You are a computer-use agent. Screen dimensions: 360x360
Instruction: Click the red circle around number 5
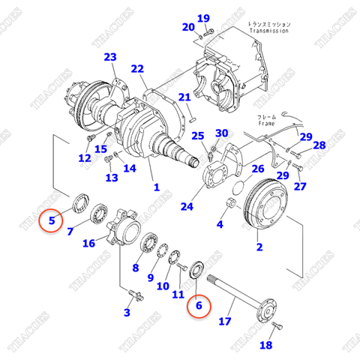[52, 220]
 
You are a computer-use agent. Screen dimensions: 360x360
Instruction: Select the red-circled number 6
[199, 305]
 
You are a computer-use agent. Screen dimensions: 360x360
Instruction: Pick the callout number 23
[110, 58]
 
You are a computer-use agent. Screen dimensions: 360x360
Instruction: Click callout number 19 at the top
[204, 18]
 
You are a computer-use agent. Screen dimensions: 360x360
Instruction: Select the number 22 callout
[136, 69]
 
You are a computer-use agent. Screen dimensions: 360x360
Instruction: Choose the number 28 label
[319, 145]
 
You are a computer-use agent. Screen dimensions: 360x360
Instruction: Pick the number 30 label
[220, 133]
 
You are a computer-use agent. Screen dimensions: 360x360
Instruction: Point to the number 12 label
[85, 158]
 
